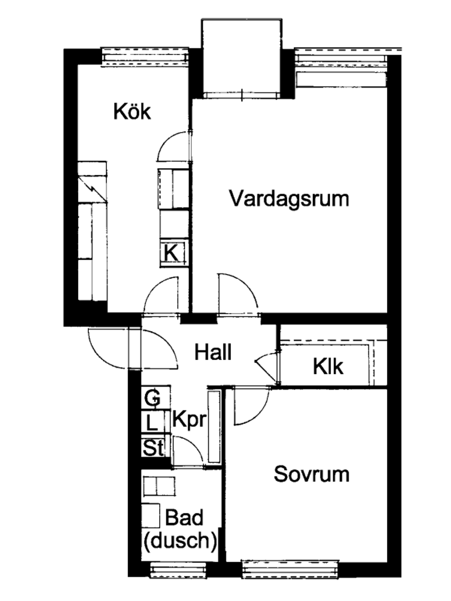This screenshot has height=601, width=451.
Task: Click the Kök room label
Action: [132, 111]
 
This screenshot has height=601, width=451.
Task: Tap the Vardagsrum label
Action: [289, 198]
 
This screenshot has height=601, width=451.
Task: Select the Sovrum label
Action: [311, 474]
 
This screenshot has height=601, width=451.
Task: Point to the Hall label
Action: [213, 352]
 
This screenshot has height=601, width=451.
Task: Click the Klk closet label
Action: [328, 367]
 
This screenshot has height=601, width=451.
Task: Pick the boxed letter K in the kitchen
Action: [171, 253]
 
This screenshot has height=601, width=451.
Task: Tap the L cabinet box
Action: [152, 423]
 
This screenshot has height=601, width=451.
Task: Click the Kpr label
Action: [189, 420]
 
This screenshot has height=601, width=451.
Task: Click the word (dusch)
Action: [179, 540]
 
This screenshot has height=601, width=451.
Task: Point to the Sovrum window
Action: [290, 569]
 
